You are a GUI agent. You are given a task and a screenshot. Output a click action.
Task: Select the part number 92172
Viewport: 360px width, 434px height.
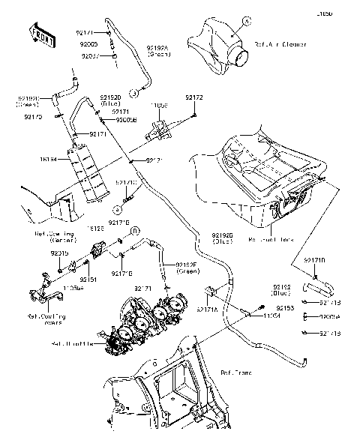point(193,97)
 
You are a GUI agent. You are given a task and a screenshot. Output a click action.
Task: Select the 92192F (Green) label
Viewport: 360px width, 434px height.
point(186,268)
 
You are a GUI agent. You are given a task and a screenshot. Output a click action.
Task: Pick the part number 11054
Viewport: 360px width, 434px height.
point(271,317)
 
